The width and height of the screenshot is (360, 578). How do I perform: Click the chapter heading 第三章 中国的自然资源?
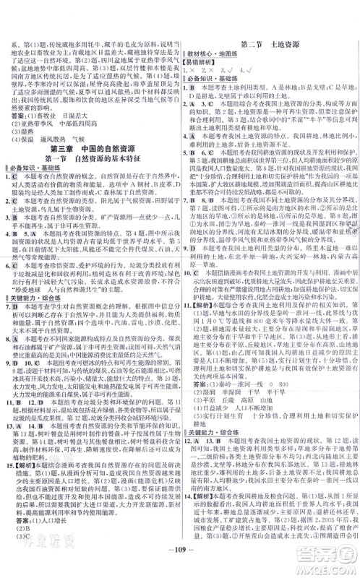pyautogui.click(x=92, y=144)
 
